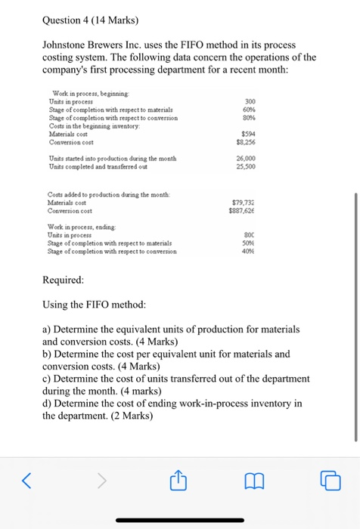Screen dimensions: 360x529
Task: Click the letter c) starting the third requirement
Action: (47, 378)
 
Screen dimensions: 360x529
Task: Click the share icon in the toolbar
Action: (179, 478)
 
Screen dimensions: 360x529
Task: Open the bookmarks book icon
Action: (255, 478)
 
